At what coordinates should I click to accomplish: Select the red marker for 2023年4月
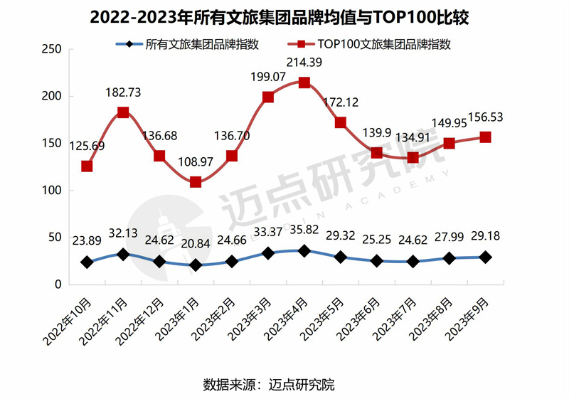(304, 83)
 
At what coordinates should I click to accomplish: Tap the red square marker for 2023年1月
(196, 182)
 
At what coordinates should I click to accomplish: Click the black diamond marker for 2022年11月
(123, 254)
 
